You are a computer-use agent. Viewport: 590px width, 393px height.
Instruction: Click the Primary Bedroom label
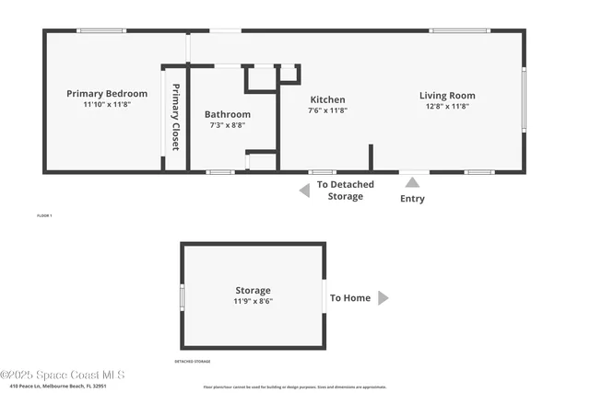tap(107, 94)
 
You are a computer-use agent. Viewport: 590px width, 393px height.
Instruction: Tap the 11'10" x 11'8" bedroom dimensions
tap(107, 105)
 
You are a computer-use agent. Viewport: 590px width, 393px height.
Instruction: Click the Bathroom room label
tap(228, 114)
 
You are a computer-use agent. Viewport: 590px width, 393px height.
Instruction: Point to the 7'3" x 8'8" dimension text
tap(228, 125)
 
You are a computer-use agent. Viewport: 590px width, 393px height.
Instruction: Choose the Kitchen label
tap(327, 99)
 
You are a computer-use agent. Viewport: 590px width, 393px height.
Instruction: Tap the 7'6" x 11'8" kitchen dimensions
tap(327, 110)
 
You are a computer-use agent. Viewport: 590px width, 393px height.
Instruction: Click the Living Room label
tap(447, 95)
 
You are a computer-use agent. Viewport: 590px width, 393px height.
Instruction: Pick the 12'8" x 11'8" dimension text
tap(447, 106)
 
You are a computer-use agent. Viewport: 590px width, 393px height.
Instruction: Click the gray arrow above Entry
tap(412, 182)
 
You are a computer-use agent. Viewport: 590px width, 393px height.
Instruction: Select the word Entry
tap(412, 199)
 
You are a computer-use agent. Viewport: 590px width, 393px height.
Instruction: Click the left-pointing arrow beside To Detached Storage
tap(303, 191)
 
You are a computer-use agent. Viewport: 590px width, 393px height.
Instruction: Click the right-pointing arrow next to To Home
tap(383, 298)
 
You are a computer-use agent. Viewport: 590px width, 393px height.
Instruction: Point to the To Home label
tap(350, 298)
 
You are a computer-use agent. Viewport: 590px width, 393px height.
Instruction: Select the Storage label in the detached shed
tap(253, 291)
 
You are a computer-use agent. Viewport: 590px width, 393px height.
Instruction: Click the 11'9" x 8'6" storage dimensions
tap(253, 302)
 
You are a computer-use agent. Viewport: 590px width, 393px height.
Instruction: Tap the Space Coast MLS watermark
tap(62, 375)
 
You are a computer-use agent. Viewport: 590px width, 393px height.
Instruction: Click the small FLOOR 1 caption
tap(44, 215)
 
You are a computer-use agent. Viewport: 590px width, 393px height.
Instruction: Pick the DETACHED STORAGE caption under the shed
tap(193, 362)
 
